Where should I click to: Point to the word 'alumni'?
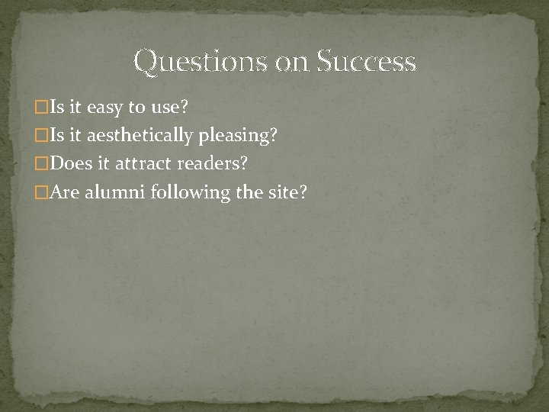(x=116, y=192)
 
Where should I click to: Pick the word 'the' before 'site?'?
(x=249, y=192)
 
